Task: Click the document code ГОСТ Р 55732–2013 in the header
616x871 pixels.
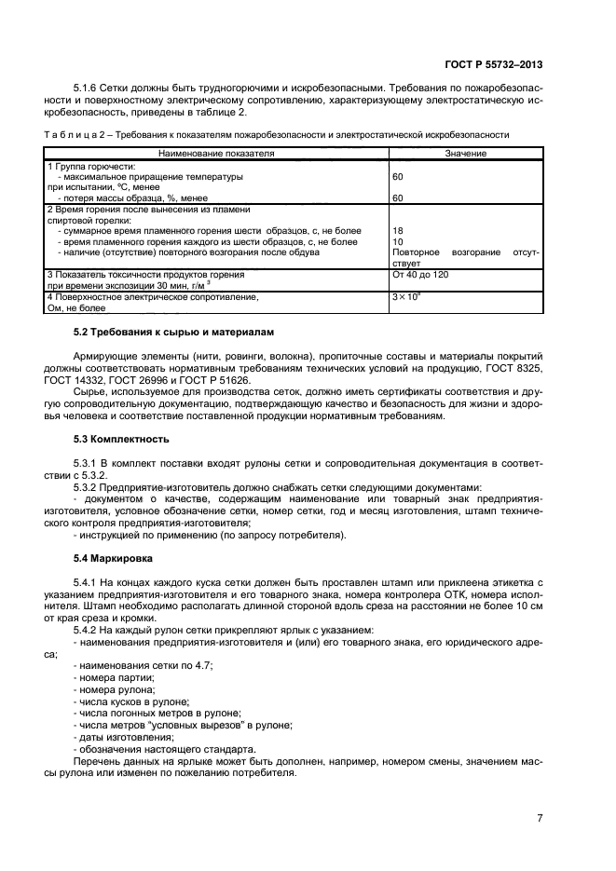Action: coord(494,65)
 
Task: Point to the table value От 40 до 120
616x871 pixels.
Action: coord(422,275)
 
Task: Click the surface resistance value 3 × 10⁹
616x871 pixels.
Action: coord(407,296)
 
